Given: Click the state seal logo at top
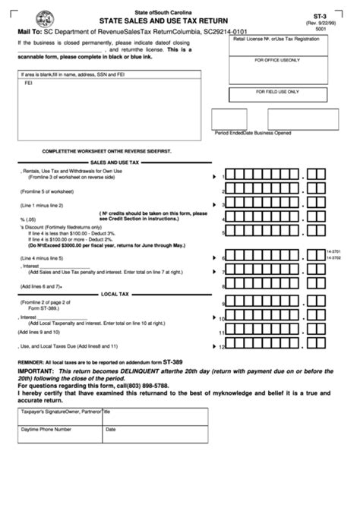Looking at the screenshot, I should click(27, 14).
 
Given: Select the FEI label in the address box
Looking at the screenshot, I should click(28, 85).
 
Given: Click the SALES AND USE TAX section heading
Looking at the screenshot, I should click(115, 162).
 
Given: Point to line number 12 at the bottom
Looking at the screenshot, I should click(222, 348).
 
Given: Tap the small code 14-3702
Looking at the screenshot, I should click(333, 260).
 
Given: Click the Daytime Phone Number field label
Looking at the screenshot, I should click(47, 429).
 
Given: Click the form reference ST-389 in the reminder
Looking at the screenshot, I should click(173, 362).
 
